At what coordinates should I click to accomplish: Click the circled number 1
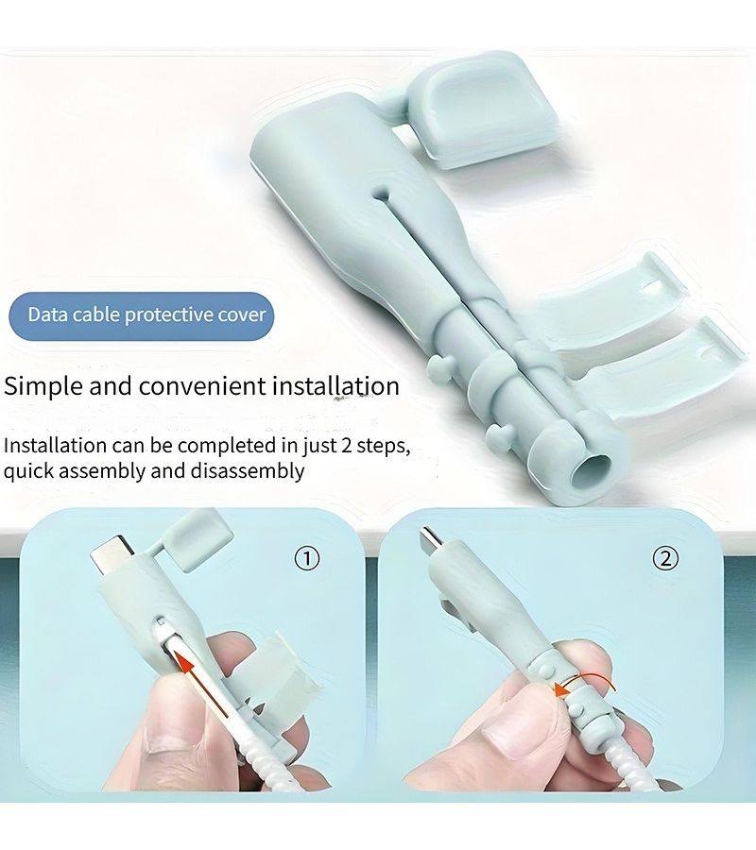pyautogui.click(x=306, y=558)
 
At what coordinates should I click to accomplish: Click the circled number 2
pyautogui.click(x=665, y=558)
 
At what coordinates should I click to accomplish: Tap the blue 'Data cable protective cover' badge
pyautogui.click(x=142, y=315)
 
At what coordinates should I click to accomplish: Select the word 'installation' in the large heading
pyautogui.click(x=335, y=386)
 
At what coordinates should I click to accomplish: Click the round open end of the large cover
pyautogui.click(x=592, y=468)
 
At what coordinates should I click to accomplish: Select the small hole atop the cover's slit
pyautogui.click(x=383, y=194)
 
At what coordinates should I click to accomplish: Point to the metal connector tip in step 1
pyautogui.click(x=111, y=554)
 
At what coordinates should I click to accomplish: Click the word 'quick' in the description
pyautogui.click(x=28, y=471)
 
